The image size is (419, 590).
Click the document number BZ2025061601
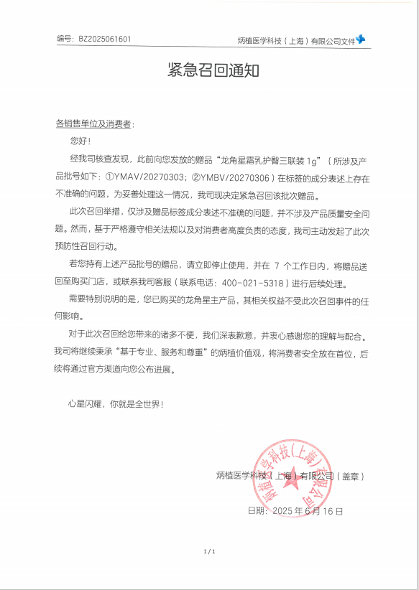tap(105, 39)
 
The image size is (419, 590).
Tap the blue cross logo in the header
tap(362, 40)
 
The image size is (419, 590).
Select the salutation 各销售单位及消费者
tap(93, 123)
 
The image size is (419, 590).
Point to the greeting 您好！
tap(80, 141)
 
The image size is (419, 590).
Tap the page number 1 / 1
tap(210, 551)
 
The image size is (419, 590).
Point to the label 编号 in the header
tap(65, 39)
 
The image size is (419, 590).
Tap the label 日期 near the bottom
tap(256, 512)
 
